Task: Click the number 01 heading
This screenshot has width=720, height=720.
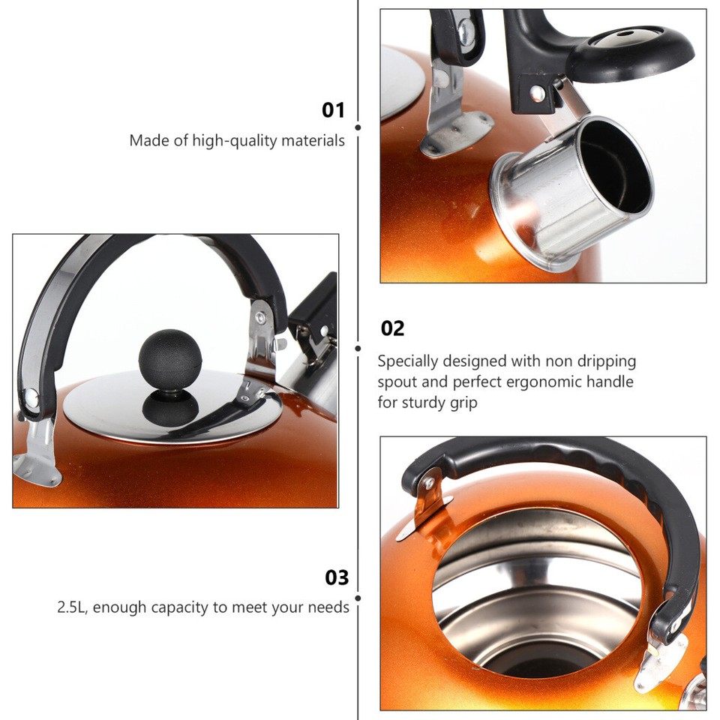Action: point(333,110)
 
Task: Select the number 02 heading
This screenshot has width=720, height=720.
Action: point(392,328)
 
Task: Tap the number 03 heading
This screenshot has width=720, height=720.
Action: point(337,577)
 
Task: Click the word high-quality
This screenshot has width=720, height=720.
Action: point(234,140)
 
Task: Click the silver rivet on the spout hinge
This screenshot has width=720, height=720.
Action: point(537,93)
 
